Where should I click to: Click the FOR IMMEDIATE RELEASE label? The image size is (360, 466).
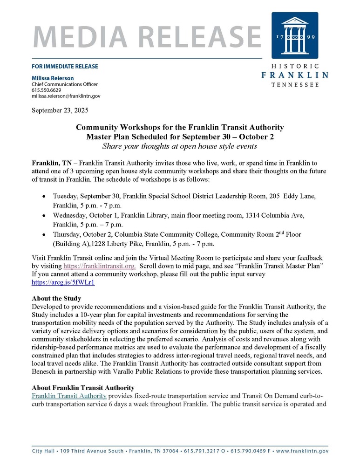coord(65,66)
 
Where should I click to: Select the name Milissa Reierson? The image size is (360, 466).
coord(53,78)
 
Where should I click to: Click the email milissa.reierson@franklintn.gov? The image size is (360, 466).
coord(66,96)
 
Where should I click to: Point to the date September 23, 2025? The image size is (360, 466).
coord(60,110)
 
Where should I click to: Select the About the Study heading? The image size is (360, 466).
coord(56,298)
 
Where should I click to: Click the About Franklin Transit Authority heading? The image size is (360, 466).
coord(83,388)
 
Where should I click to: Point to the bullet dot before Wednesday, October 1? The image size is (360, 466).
coord(44,216)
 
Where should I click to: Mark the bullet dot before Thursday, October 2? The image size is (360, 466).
coord(44,235)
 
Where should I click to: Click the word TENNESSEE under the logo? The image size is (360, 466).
coord(295,85)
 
